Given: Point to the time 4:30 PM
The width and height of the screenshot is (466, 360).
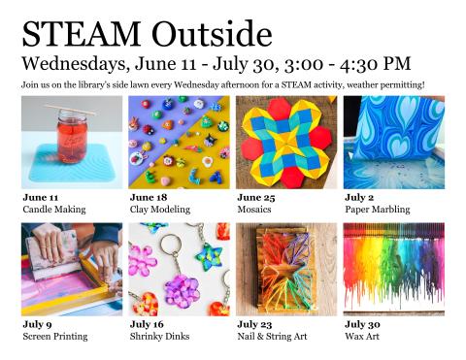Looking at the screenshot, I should pos(374,65).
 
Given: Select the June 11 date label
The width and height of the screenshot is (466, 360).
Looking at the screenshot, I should pos(41,197).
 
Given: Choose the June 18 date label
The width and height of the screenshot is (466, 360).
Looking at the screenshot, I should pos(149,197).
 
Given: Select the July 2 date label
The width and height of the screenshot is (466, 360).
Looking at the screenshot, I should pos(360,197).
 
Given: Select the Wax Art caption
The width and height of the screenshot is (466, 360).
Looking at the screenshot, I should pos(363,336).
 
